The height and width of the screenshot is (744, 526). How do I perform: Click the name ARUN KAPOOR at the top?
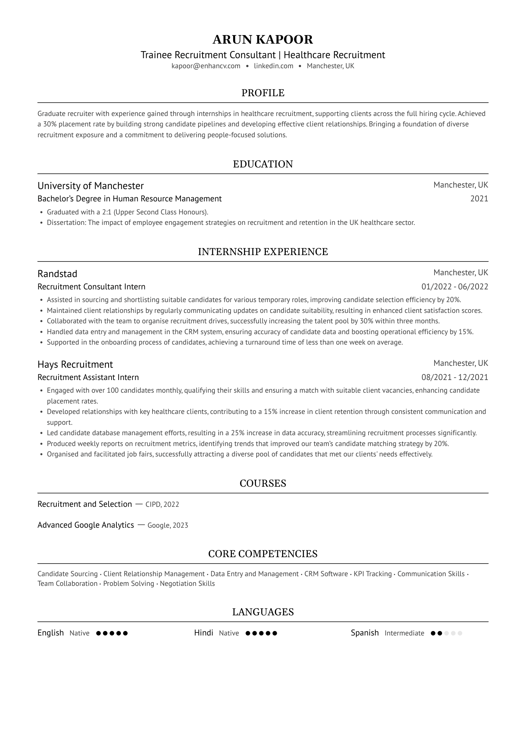[x=263, y=40]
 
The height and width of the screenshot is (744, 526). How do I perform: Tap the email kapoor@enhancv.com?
[x=206, y=66]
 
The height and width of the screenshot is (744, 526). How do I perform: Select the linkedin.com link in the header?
[x=273, y=66]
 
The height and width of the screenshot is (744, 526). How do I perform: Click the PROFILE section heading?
[x=263, y=93]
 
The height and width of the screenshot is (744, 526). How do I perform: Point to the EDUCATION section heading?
[x=263, y=164]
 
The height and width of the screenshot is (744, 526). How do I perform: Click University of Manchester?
[x=91, y=186]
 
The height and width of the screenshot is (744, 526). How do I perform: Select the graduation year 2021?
[x=479, y=199]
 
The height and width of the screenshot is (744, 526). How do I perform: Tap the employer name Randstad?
[x=57, y=274]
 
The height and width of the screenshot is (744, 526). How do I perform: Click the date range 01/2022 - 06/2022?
[x=454, y=287]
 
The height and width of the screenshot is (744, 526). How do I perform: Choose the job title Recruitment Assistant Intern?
[x=88, y=377]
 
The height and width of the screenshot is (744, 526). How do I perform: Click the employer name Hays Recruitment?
[x=75, y=364]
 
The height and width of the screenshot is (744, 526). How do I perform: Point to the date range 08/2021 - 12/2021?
[x=454, y=377]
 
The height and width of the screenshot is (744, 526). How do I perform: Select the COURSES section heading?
[x=263, y=483]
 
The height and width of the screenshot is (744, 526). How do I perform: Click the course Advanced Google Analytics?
[x=86, y=525]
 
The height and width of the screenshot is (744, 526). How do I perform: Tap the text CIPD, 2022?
[x=162, y=505]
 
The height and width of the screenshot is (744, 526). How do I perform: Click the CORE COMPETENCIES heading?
[x=263, y=554]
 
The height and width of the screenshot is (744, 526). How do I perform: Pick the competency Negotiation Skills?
[x=187, y=584]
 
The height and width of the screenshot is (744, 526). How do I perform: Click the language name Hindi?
[x=204, y=633]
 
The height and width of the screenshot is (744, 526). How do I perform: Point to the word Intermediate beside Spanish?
[x=404, y=633]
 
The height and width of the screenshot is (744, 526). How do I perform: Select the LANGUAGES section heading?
[x=263, y=612]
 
